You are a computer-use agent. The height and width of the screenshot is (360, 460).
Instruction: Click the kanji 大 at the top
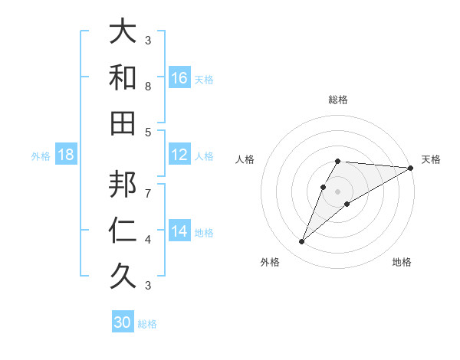click(123, 32)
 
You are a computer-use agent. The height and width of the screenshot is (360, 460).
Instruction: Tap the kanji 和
click(123, 77)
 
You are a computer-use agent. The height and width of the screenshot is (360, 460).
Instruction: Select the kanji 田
click(123, 123)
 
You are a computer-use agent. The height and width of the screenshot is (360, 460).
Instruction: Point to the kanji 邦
click(123, 185)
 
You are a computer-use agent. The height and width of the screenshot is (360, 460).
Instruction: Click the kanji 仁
click(123, 230)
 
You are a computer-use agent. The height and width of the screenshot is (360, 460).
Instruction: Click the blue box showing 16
click(179, 77)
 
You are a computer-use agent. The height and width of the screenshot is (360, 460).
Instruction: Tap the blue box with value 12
click(179, 155)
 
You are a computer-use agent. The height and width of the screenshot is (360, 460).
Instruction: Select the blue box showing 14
click(179, 231)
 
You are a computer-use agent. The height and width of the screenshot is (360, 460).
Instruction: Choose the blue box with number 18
click(66, 155)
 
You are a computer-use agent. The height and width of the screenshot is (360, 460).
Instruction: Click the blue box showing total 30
click(123, 322)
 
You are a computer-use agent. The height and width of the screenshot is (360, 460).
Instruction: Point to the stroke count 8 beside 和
click(148, 87)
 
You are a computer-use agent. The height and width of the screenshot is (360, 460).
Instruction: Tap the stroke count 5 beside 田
click(148, 132)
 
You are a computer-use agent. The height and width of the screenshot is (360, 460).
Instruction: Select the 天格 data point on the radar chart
click(411, 168)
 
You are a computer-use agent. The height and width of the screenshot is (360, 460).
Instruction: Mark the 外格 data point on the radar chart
click(301, 242)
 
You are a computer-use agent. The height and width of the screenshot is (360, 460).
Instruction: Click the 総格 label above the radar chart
click(338, 100)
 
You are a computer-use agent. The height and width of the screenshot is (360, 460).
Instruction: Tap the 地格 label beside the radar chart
click(402, 263)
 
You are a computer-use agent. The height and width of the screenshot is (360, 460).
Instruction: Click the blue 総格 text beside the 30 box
click(147, 324)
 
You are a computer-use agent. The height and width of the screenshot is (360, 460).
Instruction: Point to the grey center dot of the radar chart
click(337, 191)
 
